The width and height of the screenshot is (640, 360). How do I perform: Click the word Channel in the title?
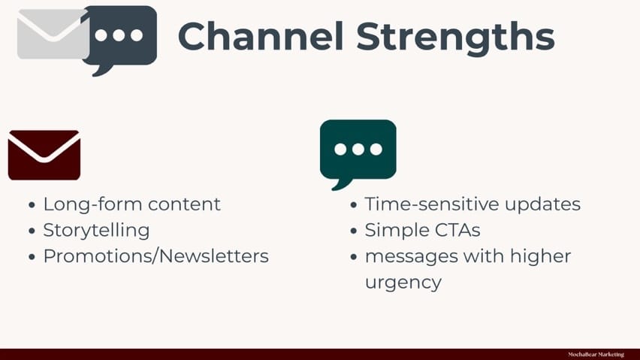(x=261, y=36)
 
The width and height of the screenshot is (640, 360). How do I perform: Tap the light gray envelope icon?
(x=53, y=35)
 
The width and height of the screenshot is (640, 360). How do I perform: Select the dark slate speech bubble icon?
(x=120, y=40)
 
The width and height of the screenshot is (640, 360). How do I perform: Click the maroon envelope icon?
(x=44, y=155)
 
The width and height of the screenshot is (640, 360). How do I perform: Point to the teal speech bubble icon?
(x=358, y=154)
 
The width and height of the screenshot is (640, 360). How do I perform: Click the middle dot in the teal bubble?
(x=358, y=150)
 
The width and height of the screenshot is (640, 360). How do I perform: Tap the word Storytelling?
(x=97, y=231)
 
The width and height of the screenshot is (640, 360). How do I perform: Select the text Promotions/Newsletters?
(x=156, y=256)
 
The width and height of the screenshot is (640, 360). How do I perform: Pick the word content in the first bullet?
(x=184, y=204)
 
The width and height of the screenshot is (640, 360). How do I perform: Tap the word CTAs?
(x=457, y=231)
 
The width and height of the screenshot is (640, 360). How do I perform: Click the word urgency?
(x=403, y=283)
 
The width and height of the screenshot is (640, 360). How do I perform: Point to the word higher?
(x=540, y=256)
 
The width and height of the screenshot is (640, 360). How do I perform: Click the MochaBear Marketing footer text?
(x=596, y=354)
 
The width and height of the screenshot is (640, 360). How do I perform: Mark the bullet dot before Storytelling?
(x=32, y=231)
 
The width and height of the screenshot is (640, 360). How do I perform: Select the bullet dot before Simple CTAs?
(x=354, y=231)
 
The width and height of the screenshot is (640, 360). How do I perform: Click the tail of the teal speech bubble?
(x=341, y=185)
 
